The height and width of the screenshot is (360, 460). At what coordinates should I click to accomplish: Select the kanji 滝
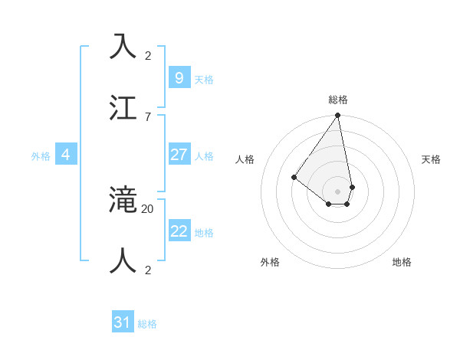click(123, 199)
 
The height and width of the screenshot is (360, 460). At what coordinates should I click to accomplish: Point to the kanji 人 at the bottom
click(123, 260)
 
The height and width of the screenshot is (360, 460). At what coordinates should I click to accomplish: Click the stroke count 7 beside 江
click(148, 116)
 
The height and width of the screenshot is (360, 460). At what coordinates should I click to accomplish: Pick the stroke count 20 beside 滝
click(148, 208)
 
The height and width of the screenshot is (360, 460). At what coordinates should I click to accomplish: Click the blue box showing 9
click(179, 77)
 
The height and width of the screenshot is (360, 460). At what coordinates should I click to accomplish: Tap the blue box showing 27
click(179, 155)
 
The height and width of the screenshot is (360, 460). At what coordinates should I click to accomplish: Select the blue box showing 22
click(179, 231)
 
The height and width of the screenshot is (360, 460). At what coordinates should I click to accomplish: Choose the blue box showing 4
click(66, 155)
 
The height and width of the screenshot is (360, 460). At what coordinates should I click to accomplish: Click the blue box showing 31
click(123, 322)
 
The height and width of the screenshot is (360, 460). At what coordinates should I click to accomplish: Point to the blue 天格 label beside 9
click(204, 80)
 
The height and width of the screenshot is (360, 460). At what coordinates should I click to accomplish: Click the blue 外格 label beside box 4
click(41, 156)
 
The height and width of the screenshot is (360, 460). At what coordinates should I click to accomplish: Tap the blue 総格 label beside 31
click(147, 324)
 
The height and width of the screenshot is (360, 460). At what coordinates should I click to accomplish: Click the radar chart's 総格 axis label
click(338, 100)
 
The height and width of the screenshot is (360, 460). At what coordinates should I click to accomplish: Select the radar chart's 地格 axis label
click(402, 262)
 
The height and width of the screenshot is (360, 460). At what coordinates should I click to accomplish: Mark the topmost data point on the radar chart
click(337, 116)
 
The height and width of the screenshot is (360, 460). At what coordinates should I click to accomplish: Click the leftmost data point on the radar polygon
click(294, 178)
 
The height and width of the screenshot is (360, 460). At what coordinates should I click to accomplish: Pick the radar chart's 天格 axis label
click(431, 159)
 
